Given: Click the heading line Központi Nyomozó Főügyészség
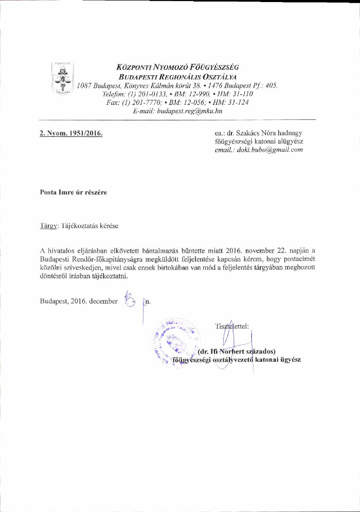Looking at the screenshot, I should [x=178, y=67].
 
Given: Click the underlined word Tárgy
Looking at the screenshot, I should [x=48, y=225].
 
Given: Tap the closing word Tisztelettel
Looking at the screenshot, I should [x=232, y=326].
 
